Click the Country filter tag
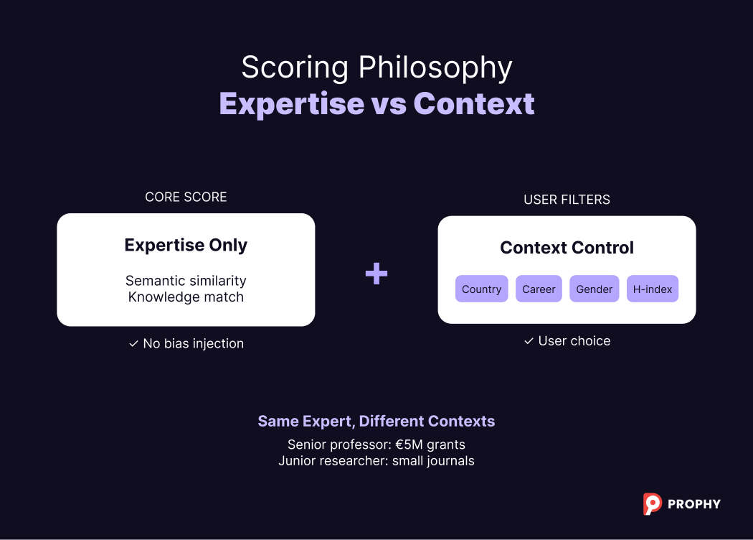[x=481, y=289]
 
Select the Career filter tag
[x=539, y=289]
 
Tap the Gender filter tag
[x=595, y=289]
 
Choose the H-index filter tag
[x=653, y=289]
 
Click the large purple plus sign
[x=376, y=273]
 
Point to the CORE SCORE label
[x=186, y=197]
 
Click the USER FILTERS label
[x=567, y=200]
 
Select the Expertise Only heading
[x=186, y=245]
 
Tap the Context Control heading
[x=567, y=248]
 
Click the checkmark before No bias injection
[x=133, y=344]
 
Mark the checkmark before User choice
[x=529, y=341]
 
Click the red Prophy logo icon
[x=652, y=503]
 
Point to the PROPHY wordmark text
[x=693, y=504]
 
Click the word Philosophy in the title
[x=435, y=68]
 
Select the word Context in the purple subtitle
[x=474, y=103]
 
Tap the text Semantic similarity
[x=186, y=281]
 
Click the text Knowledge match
[x=186, y=297]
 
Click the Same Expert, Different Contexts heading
[x=376, y=421]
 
